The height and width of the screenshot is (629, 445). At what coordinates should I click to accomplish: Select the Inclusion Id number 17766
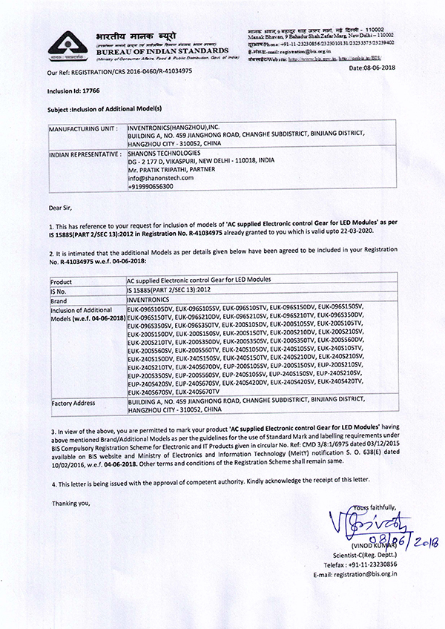(82, 93)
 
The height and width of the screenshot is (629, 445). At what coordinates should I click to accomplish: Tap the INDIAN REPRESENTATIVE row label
(85, 154)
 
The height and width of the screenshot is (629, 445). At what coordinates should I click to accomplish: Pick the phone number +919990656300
(151, 187)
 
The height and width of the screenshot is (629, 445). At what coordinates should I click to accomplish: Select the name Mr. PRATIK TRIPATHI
(157, 170)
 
